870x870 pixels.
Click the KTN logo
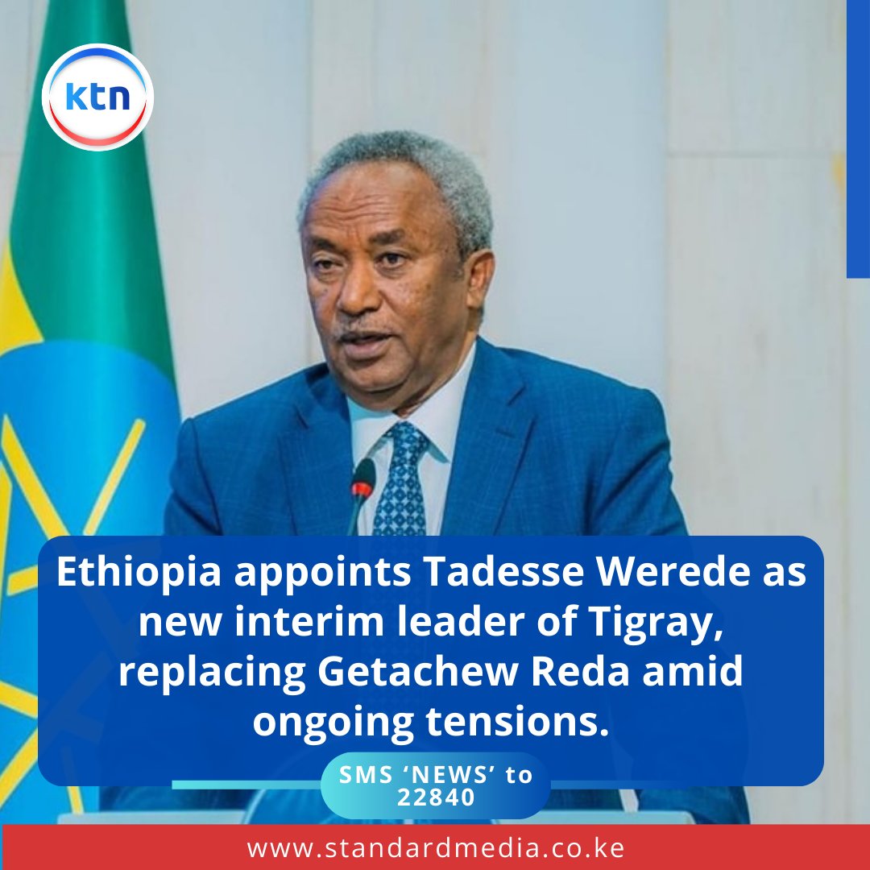97,97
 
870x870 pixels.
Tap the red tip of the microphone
362,487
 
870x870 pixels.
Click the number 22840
436,796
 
